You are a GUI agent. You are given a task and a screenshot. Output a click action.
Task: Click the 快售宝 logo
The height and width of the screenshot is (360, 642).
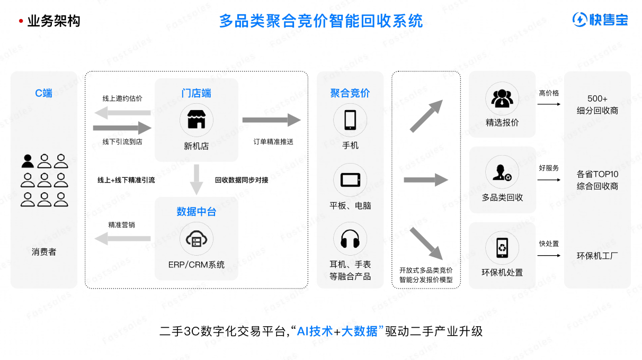coord(600,20)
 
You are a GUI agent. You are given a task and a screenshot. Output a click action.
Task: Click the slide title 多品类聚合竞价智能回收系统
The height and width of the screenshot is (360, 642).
coord(321,21)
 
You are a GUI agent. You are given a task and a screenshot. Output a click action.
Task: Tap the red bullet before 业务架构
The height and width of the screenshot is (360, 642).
coord(21,22)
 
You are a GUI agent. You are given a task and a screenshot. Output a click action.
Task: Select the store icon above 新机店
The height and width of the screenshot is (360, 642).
coord(196,119)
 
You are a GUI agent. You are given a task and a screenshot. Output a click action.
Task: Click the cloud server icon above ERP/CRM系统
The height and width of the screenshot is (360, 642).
coord(196,240)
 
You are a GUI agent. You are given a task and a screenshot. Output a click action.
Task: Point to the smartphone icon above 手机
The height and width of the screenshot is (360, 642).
coord(350,120)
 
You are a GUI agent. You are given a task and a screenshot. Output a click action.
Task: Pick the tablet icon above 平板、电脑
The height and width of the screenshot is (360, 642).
coord(350,180)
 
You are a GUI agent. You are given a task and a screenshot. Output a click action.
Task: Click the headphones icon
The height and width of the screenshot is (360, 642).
coord(350,239)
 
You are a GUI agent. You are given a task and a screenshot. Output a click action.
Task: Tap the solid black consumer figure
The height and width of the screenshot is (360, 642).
coord(28,161)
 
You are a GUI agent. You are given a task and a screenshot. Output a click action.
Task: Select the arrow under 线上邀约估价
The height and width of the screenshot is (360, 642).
coord(122,112)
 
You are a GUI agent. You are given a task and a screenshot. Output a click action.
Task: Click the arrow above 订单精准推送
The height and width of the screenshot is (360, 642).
coord(271,120)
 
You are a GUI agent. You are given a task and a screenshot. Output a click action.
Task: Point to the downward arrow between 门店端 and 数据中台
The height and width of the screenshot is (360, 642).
coord(197,179)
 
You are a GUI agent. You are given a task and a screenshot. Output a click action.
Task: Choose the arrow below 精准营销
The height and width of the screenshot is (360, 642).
coord(122,239)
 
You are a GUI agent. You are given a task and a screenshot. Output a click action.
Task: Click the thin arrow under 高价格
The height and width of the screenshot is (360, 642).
coord(549,104)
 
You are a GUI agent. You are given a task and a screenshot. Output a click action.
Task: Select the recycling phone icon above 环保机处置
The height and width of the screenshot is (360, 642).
coord(502,247)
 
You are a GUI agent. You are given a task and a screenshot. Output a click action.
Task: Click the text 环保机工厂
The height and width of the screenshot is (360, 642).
coord(598,256)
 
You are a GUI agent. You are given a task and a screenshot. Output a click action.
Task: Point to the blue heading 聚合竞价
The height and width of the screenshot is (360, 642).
coord(350,94)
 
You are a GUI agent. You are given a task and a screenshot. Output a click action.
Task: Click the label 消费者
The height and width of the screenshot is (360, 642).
coord(44,252)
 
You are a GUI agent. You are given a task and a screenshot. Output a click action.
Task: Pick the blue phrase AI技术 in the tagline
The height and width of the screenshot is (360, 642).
coord(315,331)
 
